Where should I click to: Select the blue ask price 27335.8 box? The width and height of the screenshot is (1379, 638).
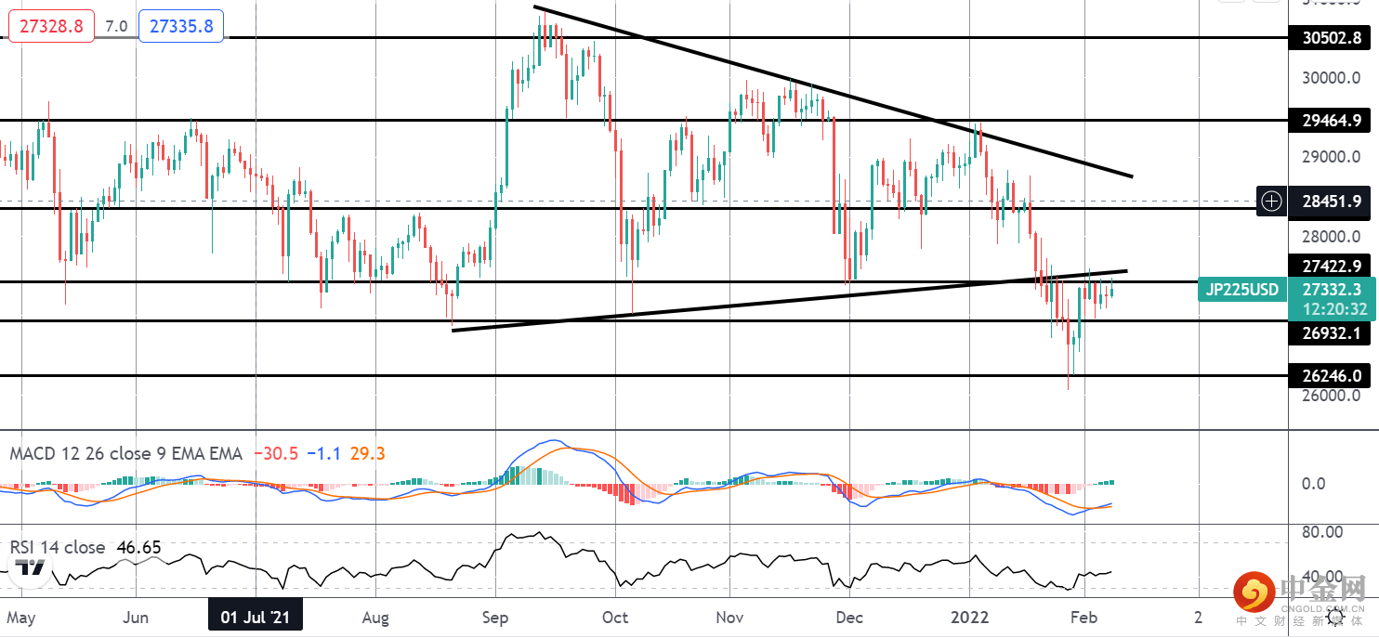point(181,26)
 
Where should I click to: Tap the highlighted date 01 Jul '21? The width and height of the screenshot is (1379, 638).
point(255,618)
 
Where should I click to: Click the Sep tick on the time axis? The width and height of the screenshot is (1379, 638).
point(495,618)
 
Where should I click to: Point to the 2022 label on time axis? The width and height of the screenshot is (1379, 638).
point(969,618)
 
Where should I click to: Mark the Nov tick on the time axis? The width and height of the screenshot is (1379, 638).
point(730,618)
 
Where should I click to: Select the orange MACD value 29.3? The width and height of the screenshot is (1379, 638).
point(367,454)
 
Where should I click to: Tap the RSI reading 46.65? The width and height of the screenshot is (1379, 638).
point(138,548)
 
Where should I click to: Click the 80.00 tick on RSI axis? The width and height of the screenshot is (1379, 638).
point(1322,532)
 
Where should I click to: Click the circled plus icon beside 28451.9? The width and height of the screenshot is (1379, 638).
point(1271,201)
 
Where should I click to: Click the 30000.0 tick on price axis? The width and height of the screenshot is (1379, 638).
point(1331,78)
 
